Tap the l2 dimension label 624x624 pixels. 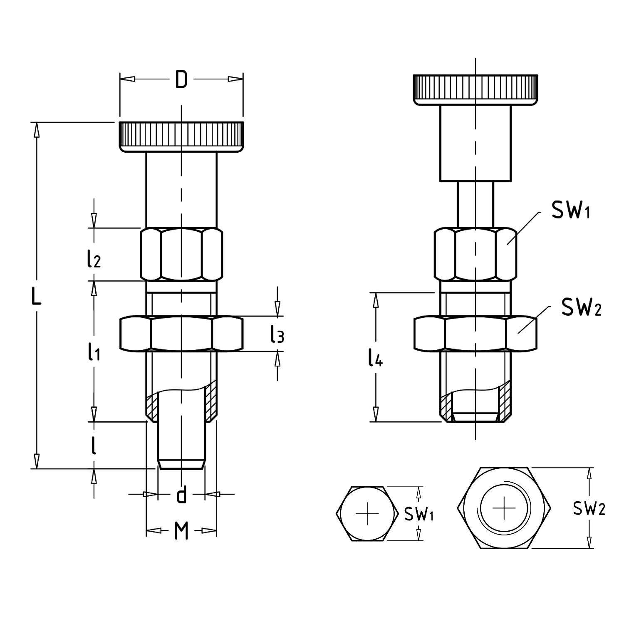click(x=94, y=260)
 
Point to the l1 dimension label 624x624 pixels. click(x=94, y=353)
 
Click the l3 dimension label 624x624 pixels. click(x=277, y=335)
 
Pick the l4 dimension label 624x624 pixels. click(x=375, y=359)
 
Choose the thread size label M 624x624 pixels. click(x=181, y=531)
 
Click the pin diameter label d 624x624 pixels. click(x=181, y=495)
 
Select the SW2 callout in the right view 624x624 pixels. click(x=581, y=307)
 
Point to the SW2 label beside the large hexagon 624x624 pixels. click(x=589, y=508)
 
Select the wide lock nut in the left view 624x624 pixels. click(x=181, y=334)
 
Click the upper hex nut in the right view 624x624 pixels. click(x=475, y=254)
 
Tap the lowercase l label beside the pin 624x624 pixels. click(x=94, y=446)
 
